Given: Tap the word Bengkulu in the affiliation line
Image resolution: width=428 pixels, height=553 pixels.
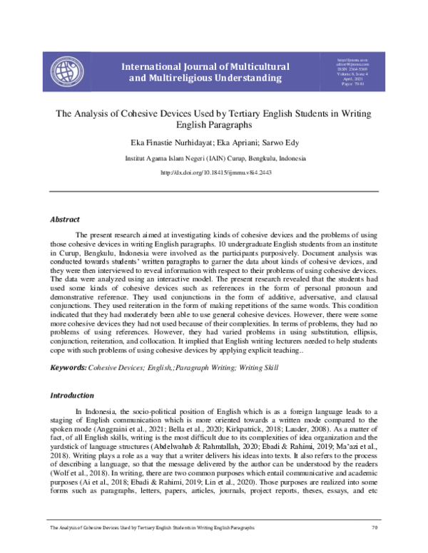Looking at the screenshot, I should (x=251, y=157).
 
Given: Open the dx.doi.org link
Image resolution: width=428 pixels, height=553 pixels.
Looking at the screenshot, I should (x=214, y=172).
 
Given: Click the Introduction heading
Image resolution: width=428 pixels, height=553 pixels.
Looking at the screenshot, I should (x=72, y=395).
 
